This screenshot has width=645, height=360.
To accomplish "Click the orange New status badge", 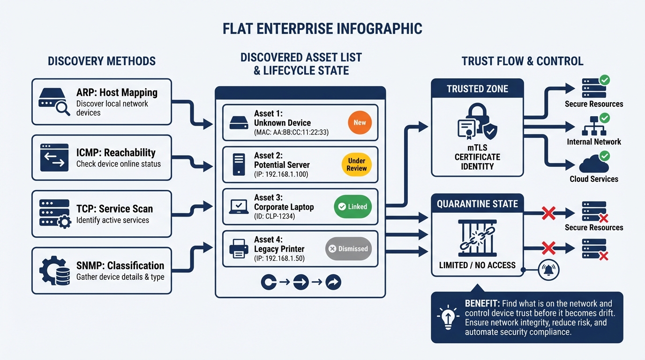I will pyautogui.click(x=360, y=122).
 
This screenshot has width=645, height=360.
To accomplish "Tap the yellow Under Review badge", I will pyautogui.click(x=357, y=165).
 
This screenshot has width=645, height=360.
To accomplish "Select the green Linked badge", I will pyautogui.click(x=352, y=207).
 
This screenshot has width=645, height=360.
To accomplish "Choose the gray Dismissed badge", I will pyautogui.click(x=348, y=249).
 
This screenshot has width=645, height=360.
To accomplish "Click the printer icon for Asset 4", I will pyautogui.click(x=239, y=249).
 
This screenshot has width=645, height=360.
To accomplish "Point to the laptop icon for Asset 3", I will pyautogui.click(x=239, y=207).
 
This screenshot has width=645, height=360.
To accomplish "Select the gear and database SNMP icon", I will pyautogui.click(x=54, y=270).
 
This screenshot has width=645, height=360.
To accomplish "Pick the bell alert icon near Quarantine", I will pyautogui.click(x=549, y=270).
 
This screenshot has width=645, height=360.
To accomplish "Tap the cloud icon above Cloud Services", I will pyautogui.click(x=593, y=165).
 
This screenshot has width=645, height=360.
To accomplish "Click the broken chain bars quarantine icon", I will pyautogui.click(x=477, y=239).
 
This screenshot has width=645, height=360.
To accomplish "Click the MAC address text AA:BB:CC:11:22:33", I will pyautogui.click(x=291, y=133).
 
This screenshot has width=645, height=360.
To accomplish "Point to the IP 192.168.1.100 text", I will pyautogui.click(x=281, y=174).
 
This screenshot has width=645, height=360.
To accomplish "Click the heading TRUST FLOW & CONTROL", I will pyautogui.click(x=522, y=61).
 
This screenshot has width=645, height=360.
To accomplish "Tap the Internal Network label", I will pyautogui.click(x=593, y=142).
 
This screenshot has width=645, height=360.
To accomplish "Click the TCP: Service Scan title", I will pyautogui.click(x=114, y=209).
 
